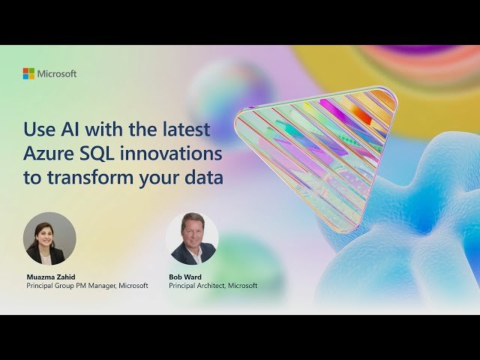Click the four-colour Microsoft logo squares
click(28, 73)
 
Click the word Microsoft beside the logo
click(57, 73)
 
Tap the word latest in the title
click(183, 129)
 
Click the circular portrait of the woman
click(49, 238)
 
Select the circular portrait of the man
click(192, 238)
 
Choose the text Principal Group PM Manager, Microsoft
click(87, 286)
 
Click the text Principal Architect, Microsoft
click(213, 286)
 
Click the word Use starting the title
click(38, 129)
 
